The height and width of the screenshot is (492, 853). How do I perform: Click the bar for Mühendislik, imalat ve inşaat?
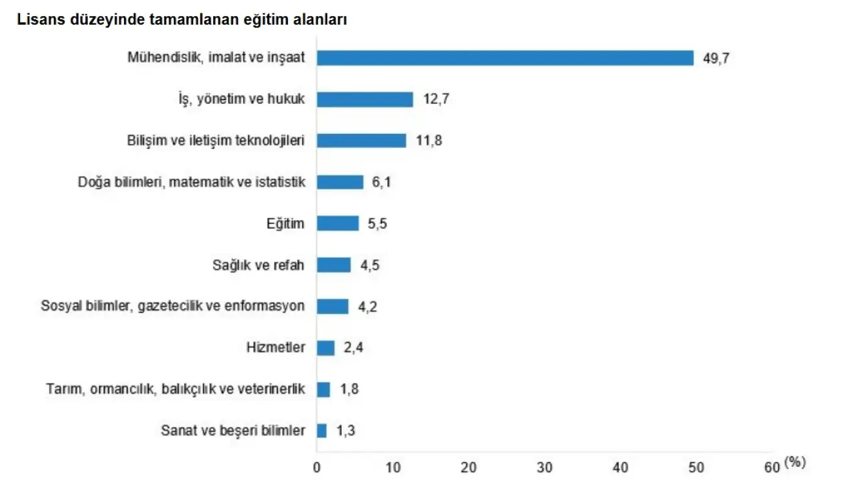click(505, 58)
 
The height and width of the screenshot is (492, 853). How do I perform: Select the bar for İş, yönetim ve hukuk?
click(365, 99)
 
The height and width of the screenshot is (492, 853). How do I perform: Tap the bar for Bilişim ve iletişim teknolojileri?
click(361, 141)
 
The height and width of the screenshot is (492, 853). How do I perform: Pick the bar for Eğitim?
click(338, 223)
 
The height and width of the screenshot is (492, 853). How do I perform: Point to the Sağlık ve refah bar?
click(334, 265)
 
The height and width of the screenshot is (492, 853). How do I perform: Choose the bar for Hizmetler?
click(326, 347)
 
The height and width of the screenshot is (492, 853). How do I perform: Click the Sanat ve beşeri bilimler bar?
click(322, 431)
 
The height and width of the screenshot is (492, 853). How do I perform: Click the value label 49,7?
click(716, 58)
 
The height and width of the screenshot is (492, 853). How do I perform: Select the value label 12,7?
click(436, 100)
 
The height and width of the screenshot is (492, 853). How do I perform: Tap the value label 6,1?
click(381, 183)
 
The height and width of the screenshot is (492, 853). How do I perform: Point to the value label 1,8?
click(349, 389)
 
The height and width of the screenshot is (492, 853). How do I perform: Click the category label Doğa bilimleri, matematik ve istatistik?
click(191, 182)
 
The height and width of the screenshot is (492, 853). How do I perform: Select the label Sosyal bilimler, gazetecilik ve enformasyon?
click(173, 306)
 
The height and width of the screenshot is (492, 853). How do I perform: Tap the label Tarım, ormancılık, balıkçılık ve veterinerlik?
click(175, 389)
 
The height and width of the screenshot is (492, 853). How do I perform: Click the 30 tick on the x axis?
click(545, 468)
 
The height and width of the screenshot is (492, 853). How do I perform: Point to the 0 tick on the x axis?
click(317, 468)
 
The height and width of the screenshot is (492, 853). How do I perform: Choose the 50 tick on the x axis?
click(696, 468)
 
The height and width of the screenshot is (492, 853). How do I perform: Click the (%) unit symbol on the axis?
click(795, 462)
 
